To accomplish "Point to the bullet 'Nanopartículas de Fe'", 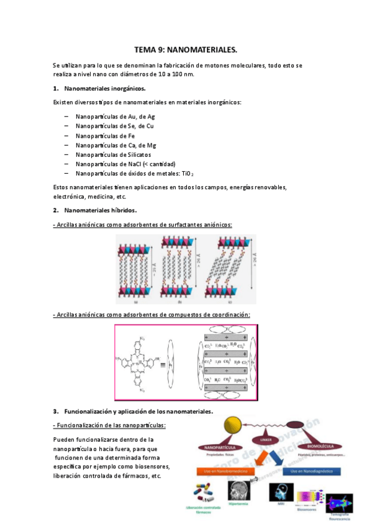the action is coord(105,136).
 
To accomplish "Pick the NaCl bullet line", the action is coord(120,164).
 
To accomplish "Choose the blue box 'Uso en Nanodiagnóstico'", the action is coord(311,471).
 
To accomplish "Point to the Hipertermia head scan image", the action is coord(238,493).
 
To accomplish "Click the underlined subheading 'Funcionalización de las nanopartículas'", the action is coord(110,425).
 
